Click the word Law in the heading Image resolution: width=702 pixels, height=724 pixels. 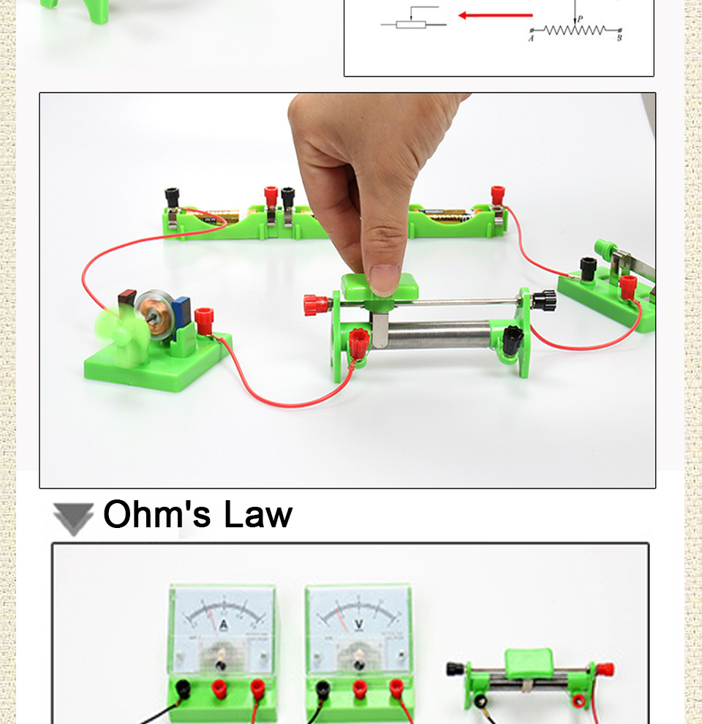258,514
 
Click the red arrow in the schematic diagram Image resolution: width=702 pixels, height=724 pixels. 494,15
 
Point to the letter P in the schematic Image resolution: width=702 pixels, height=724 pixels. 580,20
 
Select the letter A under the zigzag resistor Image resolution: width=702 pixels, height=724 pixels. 531,38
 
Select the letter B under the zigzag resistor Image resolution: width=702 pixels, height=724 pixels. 619,38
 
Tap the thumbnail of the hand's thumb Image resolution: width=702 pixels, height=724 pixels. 385,278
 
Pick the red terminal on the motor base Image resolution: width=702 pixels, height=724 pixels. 203,317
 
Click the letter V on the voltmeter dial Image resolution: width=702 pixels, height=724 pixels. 359,624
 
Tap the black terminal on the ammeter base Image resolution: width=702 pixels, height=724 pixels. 181,687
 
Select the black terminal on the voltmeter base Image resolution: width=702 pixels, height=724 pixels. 322,687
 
